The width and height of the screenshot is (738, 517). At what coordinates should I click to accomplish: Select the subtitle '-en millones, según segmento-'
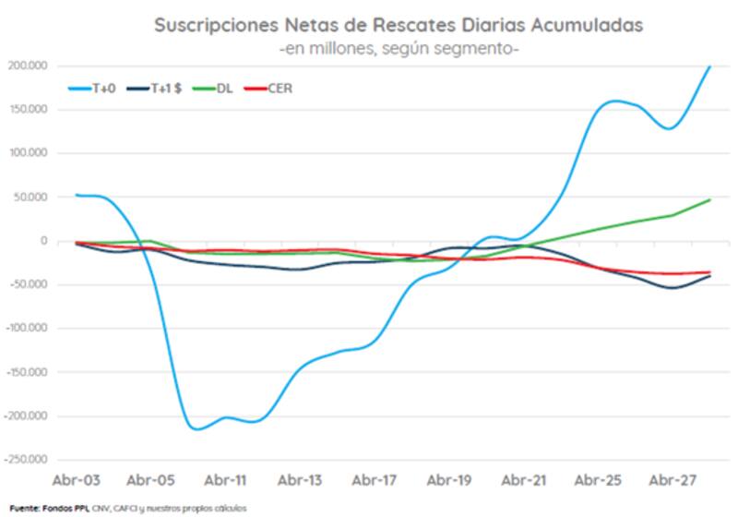[x=399, y=47]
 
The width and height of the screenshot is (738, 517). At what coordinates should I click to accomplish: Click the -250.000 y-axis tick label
[x=28, y=459]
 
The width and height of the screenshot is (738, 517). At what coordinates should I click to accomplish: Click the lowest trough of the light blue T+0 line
[x=195, y=428]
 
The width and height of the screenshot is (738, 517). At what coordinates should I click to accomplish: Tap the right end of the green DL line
[x=709, y=199]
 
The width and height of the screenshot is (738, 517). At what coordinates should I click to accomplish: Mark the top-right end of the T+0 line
[x=709, y=66]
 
